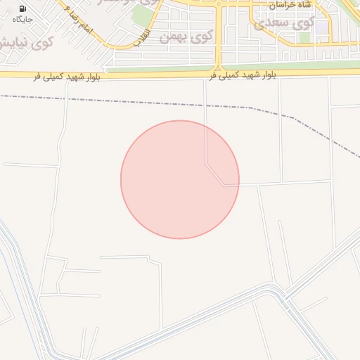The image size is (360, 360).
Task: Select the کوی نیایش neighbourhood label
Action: (x=28, y=42)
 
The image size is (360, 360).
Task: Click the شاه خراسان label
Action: (x=290, y=5)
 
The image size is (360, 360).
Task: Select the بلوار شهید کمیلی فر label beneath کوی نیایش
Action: (x=67, y=76)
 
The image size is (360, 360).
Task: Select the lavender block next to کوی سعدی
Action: (x=321, y=27)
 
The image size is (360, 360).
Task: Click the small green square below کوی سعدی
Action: (x=303, y=37)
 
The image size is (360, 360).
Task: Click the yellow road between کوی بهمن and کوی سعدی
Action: (x=219, y=35)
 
